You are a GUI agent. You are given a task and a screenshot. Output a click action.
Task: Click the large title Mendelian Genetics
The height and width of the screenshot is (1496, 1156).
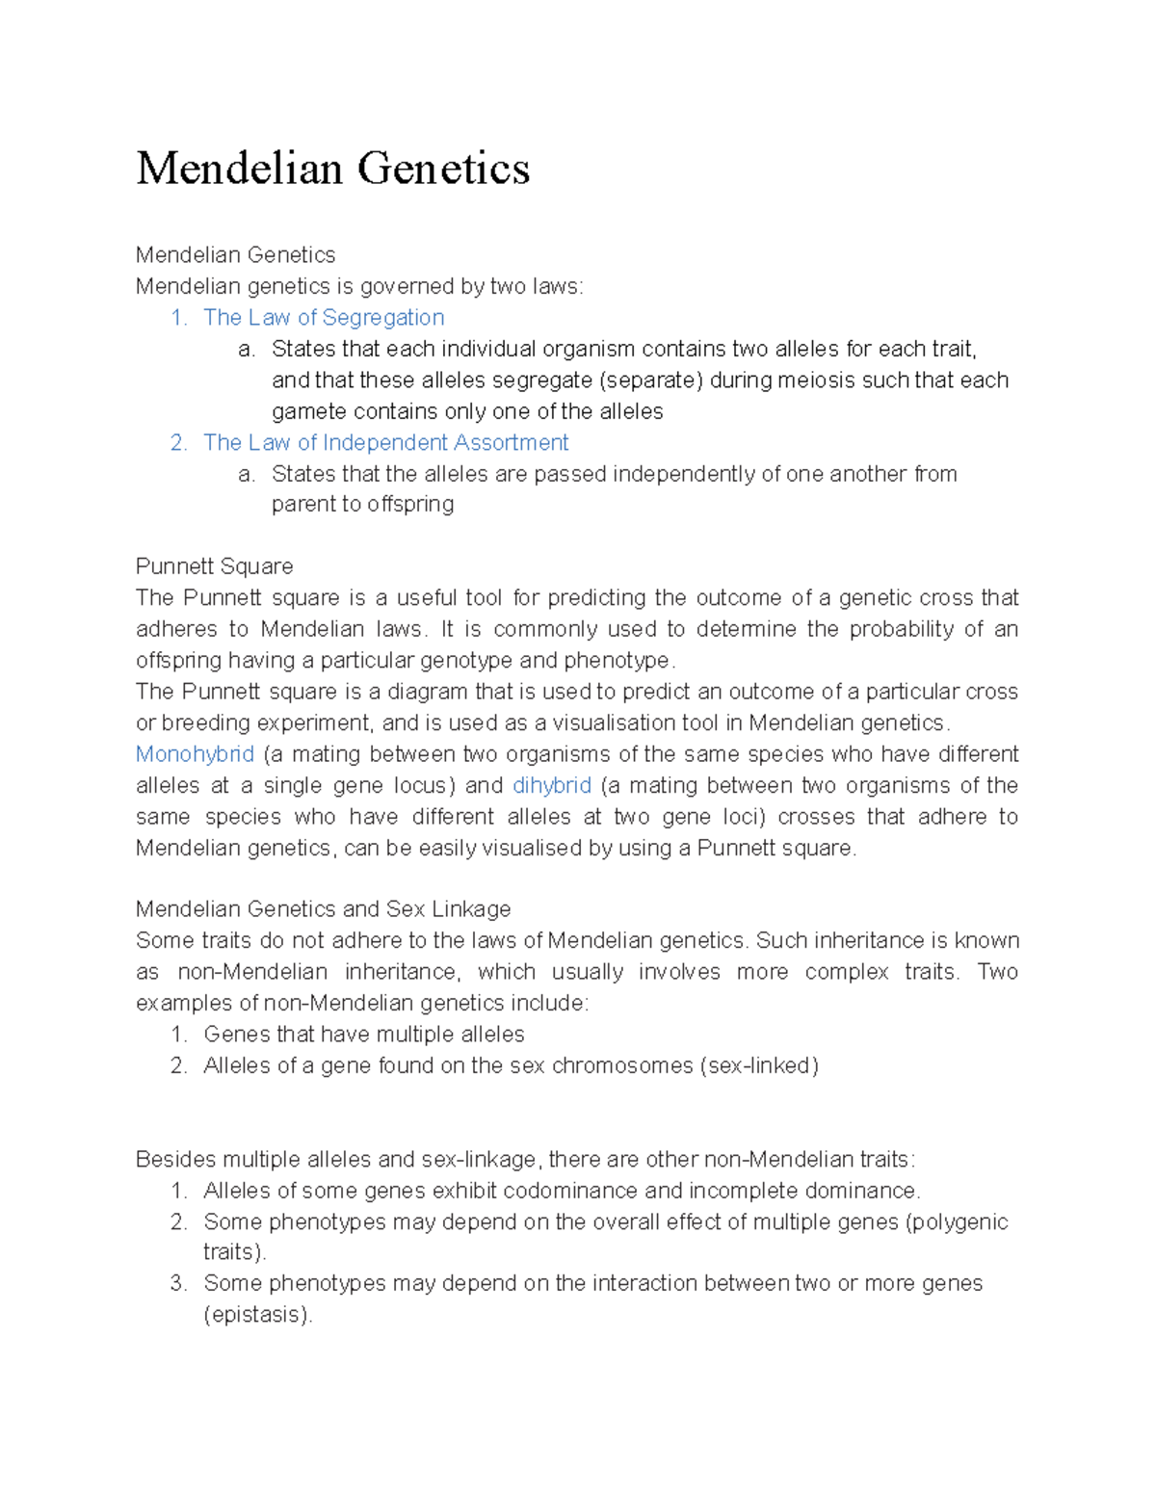[332, 169]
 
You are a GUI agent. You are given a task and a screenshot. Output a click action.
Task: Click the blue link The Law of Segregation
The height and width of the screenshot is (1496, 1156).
[324, 318]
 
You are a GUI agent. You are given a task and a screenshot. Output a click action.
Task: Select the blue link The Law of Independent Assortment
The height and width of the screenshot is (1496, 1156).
[385, 443]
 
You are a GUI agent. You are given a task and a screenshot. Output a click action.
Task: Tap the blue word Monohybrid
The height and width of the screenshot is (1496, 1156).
[195, 754]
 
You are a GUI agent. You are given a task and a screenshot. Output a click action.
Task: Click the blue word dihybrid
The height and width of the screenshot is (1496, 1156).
[552, 786]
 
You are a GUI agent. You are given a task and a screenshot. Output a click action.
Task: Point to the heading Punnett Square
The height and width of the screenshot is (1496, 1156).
[214, 566]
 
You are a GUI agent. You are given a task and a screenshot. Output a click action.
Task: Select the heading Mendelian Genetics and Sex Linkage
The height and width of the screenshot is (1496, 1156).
[323, 909]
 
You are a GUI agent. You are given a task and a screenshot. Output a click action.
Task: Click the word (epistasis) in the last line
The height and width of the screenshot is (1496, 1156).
[257, 1315]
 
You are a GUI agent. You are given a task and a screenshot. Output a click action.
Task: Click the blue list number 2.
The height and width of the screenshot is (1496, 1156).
[178, 443]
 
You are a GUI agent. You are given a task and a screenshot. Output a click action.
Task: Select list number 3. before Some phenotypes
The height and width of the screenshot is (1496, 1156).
[178, 1284]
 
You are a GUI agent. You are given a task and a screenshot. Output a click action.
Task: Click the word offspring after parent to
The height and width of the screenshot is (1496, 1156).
[410, 505]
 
